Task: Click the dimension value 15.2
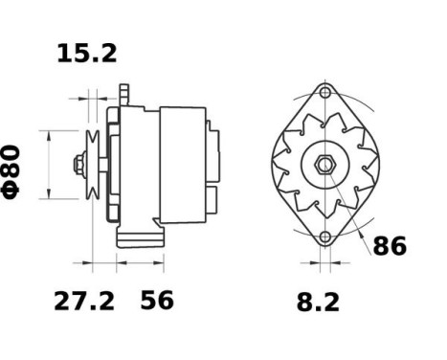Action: pos(87,54)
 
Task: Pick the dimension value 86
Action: pos(388,246)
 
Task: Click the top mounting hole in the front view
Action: pos(325,93)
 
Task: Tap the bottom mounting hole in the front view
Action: pos(325,237)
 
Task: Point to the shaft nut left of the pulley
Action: pos(78,165)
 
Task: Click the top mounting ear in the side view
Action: pos(123,93)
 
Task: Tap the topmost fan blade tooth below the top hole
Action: pos(325,121)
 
